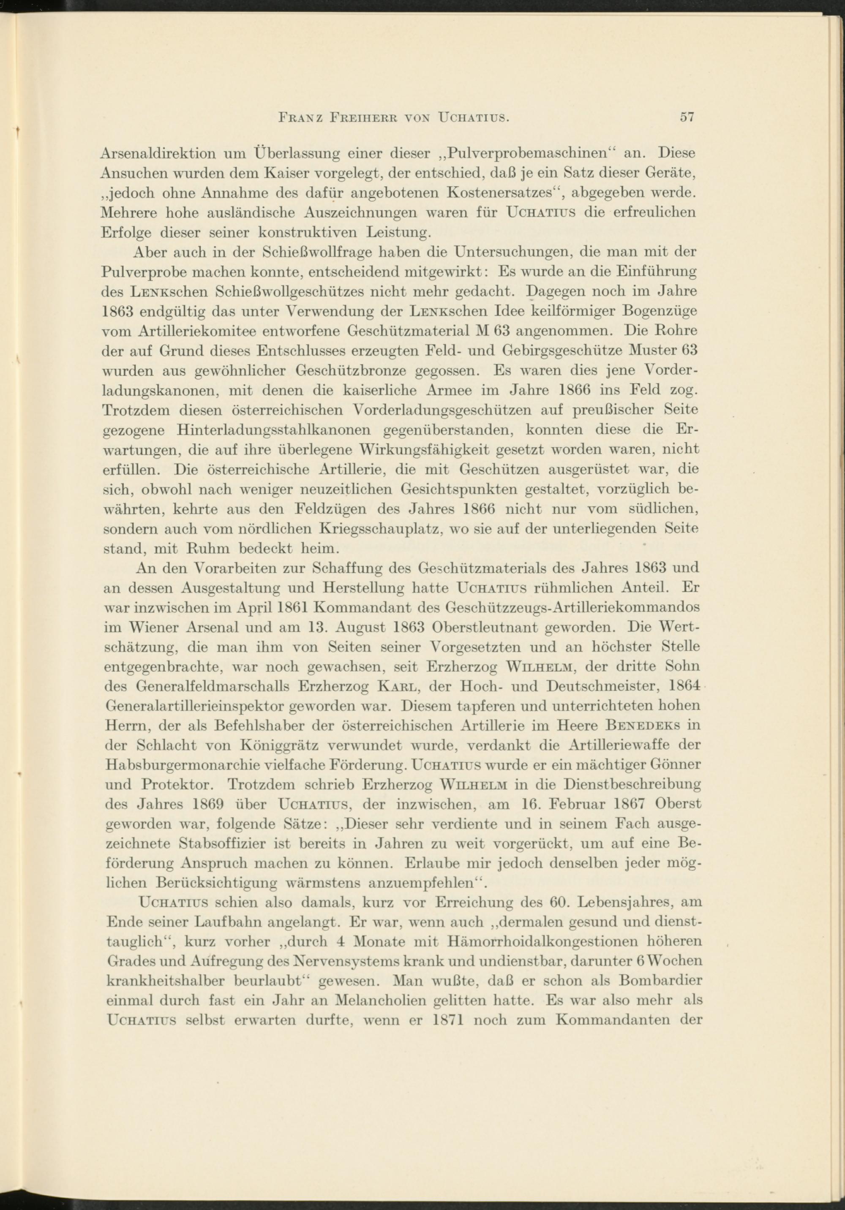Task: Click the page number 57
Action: [686, 117]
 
